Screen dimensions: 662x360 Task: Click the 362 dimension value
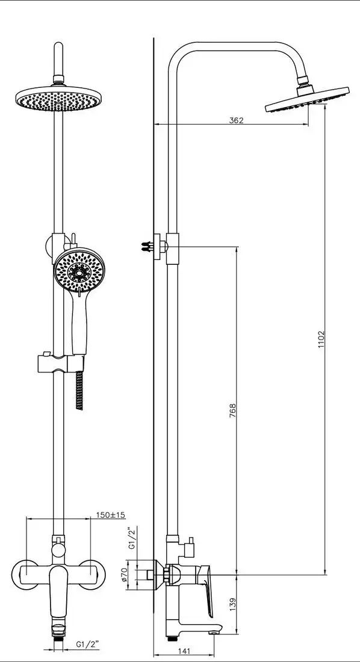237,120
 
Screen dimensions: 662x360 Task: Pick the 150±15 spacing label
111,515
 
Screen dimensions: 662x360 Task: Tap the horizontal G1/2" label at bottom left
87,644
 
